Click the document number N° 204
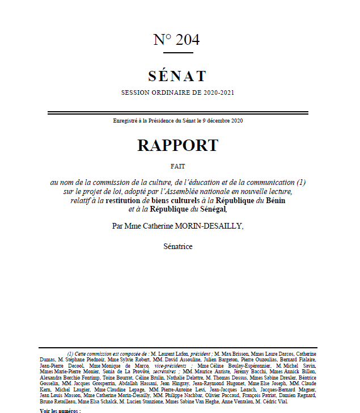[176, 40]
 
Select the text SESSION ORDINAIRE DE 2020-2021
[177, 92]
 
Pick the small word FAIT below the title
[177, 166]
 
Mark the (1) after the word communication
[301, 182]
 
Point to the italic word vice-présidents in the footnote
[165, 366]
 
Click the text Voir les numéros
[61, 410]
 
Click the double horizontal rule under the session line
[177, 113]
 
